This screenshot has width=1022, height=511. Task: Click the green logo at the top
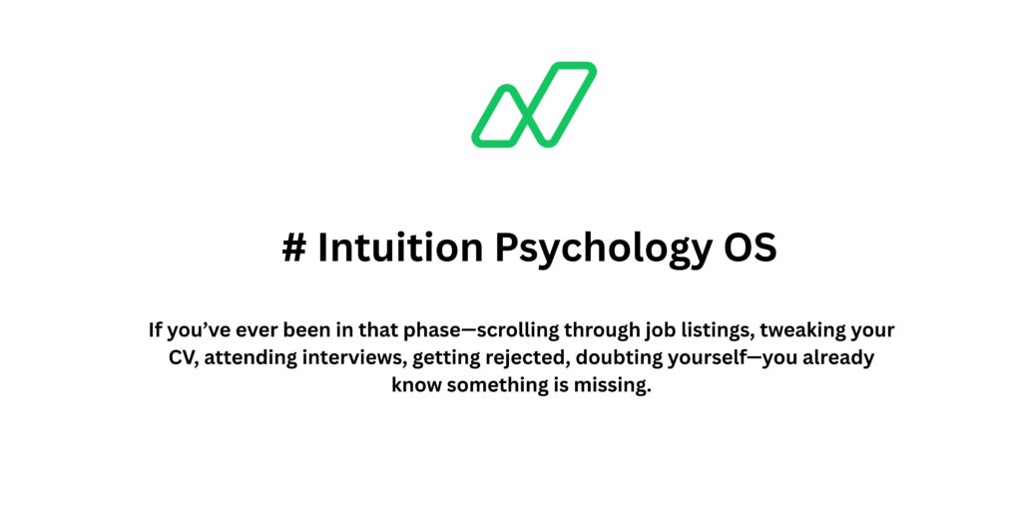coord(534,105)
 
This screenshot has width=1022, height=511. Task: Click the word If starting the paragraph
coord(156,329)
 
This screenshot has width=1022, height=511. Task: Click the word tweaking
coord(805,330)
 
